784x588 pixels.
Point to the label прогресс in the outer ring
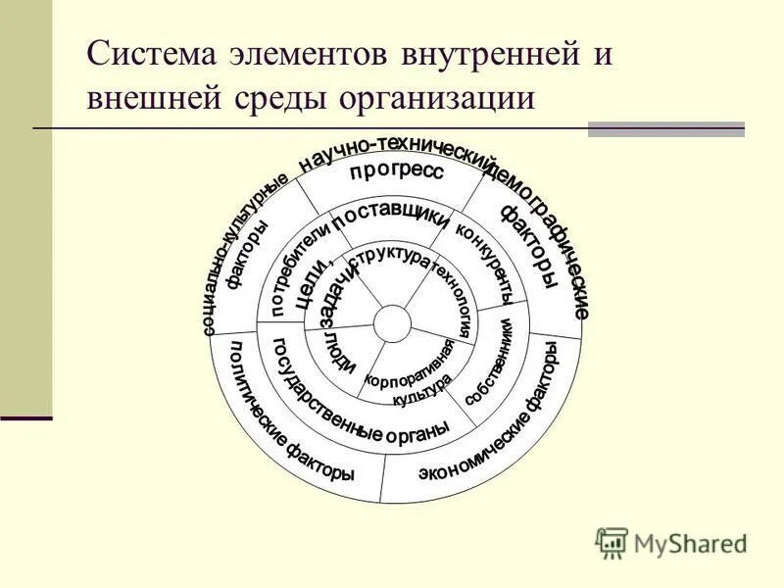[396, 171]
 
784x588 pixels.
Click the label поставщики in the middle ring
[390, 217]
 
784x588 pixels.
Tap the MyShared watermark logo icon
[612, 542]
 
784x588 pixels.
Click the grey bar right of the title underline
[665, 128]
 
